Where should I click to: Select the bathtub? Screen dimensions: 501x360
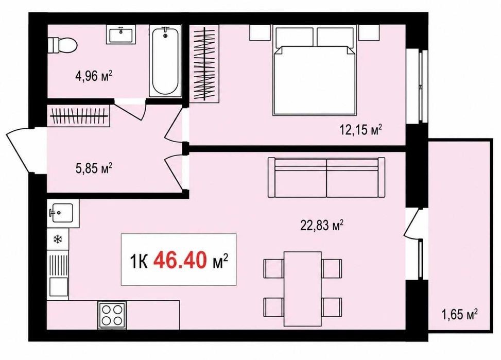pyautogui.click(x=165, y=62)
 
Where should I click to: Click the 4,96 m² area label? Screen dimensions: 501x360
pyautogui.click(x=94, y=76)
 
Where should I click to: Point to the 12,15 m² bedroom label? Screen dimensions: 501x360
pyautogui.click(x=361, y=130)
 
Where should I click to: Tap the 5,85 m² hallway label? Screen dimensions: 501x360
pyautogui.click(x=94, y=168)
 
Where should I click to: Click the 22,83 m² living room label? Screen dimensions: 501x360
pyautogui.click(x=322, y=225)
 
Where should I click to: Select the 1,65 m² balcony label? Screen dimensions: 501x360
pyautogui.click(x=459, y=314)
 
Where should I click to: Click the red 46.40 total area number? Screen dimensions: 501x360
pyautogui.click(x=180, y=260)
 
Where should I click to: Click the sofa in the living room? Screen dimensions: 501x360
pyautogui.click(x=326, y=177)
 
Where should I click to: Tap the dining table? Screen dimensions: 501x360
pyautogui.click(x=303, y=288)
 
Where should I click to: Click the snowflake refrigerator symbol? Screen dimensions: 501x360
pyautogui.click(x=58, y=239)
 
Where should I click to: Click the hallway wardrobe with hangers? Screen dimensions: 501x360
pyautogui.click(x=79, y=115)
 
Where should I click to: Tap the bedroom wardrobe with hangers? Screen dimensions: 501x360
pyautogui.click(x=204, y=63)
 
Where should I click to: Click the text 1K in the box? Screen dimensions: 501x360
pyautogui.click(x=139, y=261)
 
